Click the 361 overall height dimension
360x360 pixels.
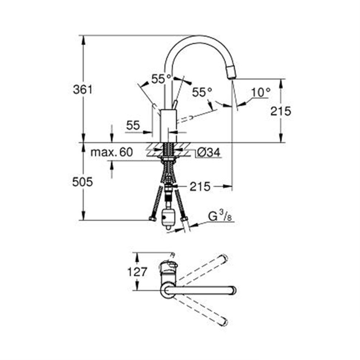tap(83, 89)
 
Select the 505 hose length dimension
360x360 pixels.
tap(82, 182)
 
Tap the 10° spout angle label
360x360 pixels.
tap(260, 92)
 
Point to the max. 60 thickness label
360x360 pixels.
tap(111, 152)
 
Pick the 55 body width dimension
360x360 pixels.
tap(133, 125)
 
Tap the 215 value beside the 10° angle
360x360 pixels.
tap(281, 111)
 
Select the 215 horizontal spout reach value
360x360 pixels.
tap(200, 187)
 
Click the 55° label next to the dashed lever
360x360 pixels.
tap(202, 92)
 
